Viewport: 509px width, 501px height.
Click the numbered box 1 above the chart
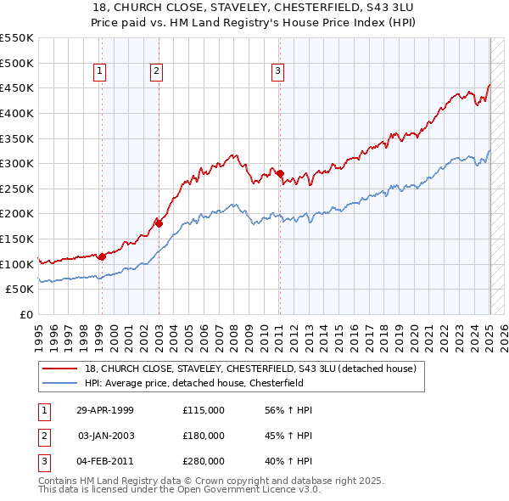pyautogui.click(x=100, y=72)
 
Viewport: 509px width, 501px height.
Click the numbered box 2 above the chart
pyautogui.click(x=158, y=72)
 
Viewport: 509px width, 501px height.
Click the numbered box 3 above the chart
pyautogui.click(x=278, y=72)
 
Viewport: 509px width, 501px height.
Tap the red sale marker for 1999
pyautogui.click(x=102, y=256)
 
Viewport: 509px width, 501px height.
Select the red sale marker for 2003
pyautogui.click(x=158, y=223)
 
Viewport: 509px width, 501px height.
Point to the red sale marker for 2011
pyautogui.click(x=279, y=173)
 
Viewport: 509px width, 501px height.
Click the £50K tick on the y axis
pyautogui.click(x=20, y=290)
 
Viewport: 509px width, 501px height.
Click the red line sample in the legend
pyautogui.click(x=60, y=369)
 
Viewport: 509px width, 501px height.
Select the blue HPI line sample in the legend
pyautogui.click(x=60, y=383)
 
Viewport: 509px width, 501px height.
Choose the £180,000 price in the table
pyautogui.click(x=204, y=436)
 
